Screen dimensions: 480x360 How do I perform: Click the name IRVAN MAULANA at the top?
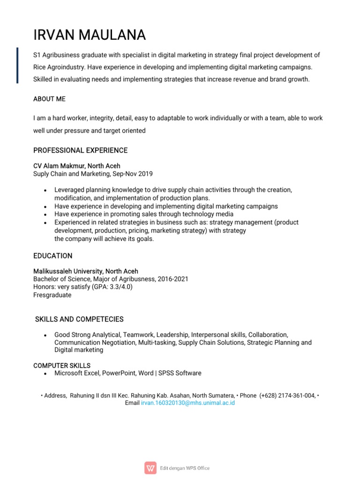click(90, 35)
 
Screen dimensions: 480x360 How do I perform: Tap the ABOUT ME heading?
click(49, 99)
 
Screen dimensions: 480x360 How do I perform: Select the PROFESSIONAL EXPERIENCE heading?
click(80, 150)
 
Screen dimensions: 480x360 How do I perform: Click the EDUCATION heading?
click(52, 256)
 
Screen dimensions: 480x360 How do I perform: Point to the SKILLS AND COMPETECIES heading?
click(80, 319)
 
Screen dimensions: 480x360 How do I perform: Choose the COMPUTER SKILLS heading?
click(62, 365)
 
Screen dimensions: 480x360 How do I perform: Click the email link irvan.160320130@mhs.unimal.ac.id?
click(187, 403)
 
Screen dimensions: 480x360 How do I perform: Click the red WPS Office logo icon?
click(150, 468)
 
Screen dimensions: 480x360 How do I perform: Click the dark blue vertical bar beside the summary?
click(18, 65)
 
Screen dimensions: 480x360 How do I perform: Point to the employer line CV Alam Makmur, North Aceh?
click(76, 166)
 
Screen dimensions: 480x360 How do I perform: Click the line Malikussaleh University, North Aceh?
click(85, 271)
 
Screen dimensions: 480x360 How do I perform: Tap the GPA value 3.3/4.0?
click(119, 287)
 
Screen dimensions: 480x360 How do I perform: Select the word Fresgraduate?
click(52, 295)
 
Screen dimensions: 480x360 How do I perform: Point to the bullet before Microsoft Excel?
click(45, 374)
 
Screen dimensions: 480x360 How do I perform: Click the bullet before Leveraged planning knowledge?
click(45, 190)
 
